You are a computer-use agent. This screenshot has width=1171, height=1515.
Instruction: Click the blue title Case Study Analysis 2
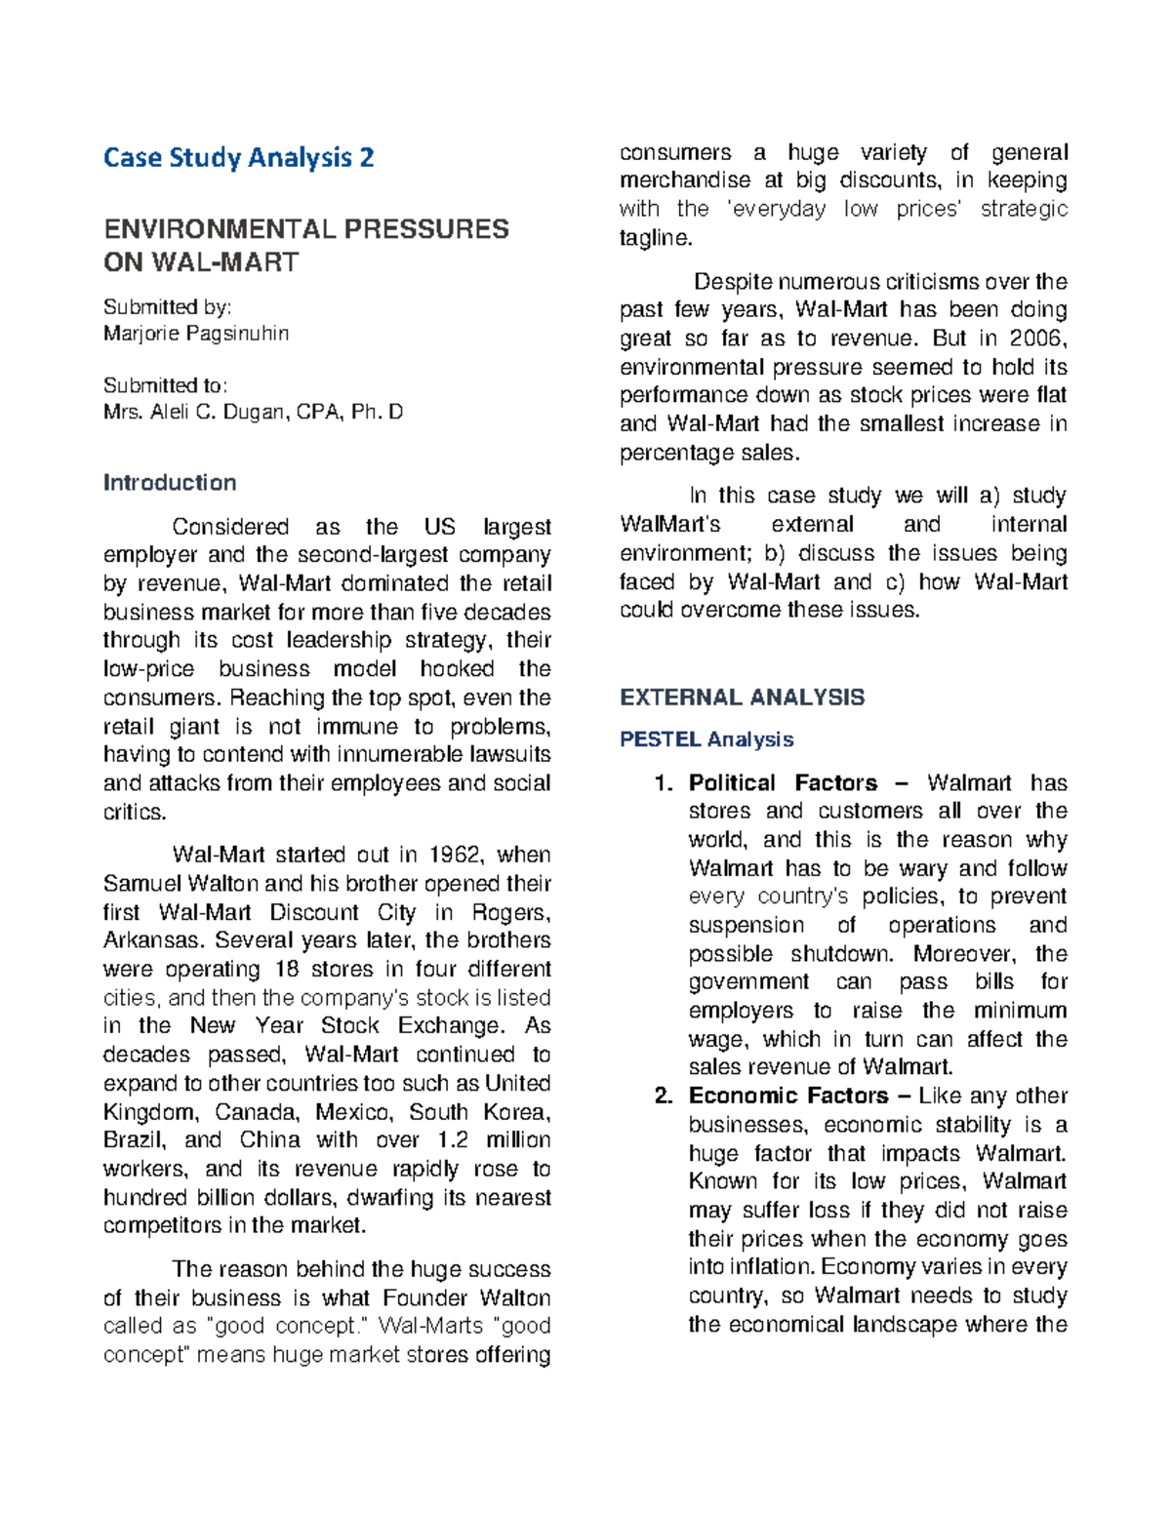tap(238, 158)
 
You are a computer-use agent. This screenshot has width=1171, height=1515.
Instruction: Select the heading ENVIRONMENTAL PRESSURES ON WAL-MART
tap(305, 245)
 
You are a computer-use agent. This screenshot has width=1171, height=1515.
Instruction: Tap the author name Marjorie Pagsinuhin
tap(196, 334)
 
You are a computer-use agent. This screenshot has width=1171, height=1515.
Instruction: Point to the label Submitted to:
tap(165, 385)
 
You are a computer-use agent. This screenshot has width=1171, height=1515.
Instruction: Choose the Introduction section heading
tap(170, 483)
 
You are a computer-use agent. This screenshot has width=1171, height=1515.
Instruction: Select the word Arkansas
tap(153, 941)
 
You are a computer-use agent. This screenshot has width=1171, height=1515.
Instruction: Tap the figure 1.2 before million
tap(452, 1140)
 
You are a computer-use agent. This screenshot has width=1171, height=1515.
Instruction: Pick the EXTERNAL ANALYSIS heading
tap(742, 698)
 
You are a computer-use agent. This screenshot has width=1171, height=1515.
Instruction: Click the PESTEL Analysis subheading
tap(707, 739)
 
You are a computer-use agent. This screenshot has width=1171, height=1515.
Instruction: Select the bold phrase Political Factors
tap(783, 783)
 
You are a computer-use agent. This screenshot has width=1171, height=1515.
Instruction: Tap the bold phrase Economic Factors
tap(787, 1096)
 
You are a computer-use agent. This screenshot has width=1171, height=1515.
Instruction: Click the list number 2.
tap(664, 1096)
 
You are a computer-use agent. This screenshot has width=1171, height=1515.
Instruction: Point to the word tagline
tap(655, 238)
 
